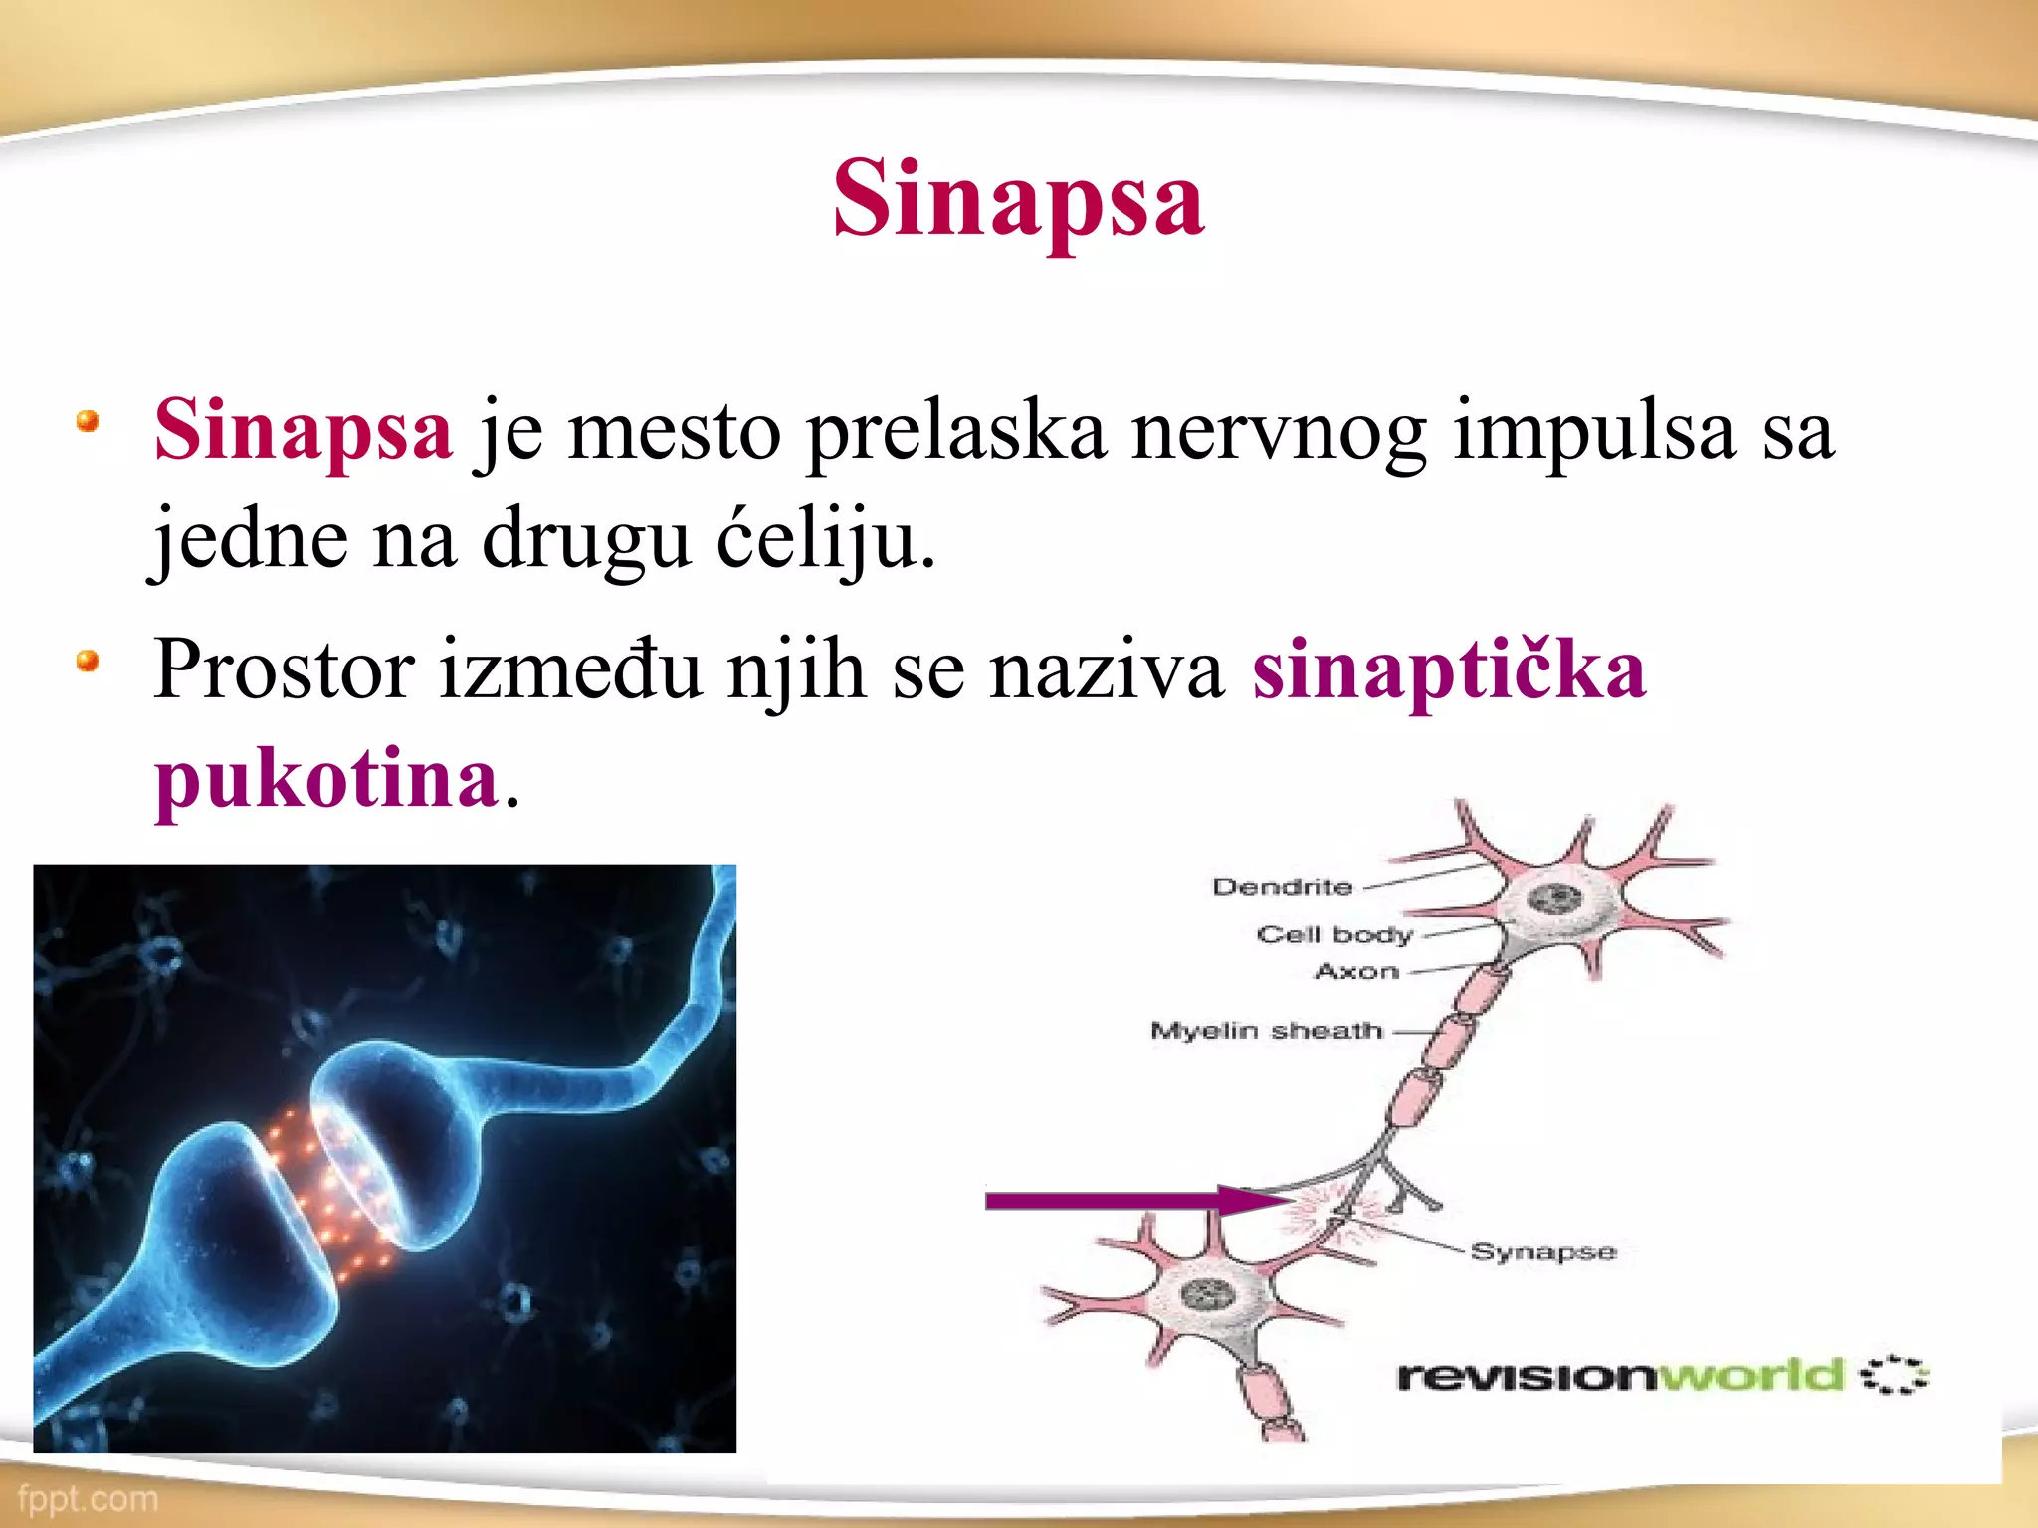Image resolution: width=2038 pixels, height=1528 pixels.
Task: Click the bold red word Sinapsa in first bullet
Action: coord(304,430)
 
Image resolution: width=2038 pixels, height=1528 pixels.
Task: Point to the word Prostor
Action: coord(284,669)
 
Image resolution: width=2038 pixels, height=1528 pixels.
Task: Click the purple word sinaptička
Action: coord(1448,669)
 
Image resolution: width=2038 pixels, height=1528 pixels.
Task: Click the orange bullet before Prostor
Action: coord(88,661)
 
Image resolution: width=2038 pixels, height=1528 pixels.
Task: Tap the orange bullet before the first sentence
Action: coord(88,421)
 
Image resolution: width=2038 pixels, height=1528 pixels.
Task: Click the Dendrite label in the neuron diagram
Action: coord(1282,886)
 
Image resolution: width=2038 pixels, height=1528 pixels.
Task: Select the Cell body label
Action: coord(1334,934)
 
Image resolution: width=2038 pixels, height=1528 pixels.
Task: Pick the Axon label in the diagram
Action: coord(1356,971)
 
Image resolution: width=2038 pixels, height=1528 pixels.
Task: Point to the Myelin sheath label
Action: coord(1267,1030)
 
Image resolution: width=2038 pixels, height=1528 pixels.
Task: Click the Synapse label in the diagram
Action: coord(1542,1251)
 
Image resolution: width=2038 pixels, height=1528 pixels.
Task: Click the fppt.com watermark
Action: coord(88,1499)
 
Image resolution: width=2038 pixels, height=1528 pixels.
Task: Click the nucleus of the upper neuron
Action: coord(1554,900)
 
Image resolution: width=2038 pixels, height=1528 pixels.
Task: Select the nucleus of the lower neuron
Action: coord(1207,1294)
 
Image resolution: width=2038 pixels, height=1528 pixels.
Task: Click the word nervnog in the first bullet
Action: coord(1278,432)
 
